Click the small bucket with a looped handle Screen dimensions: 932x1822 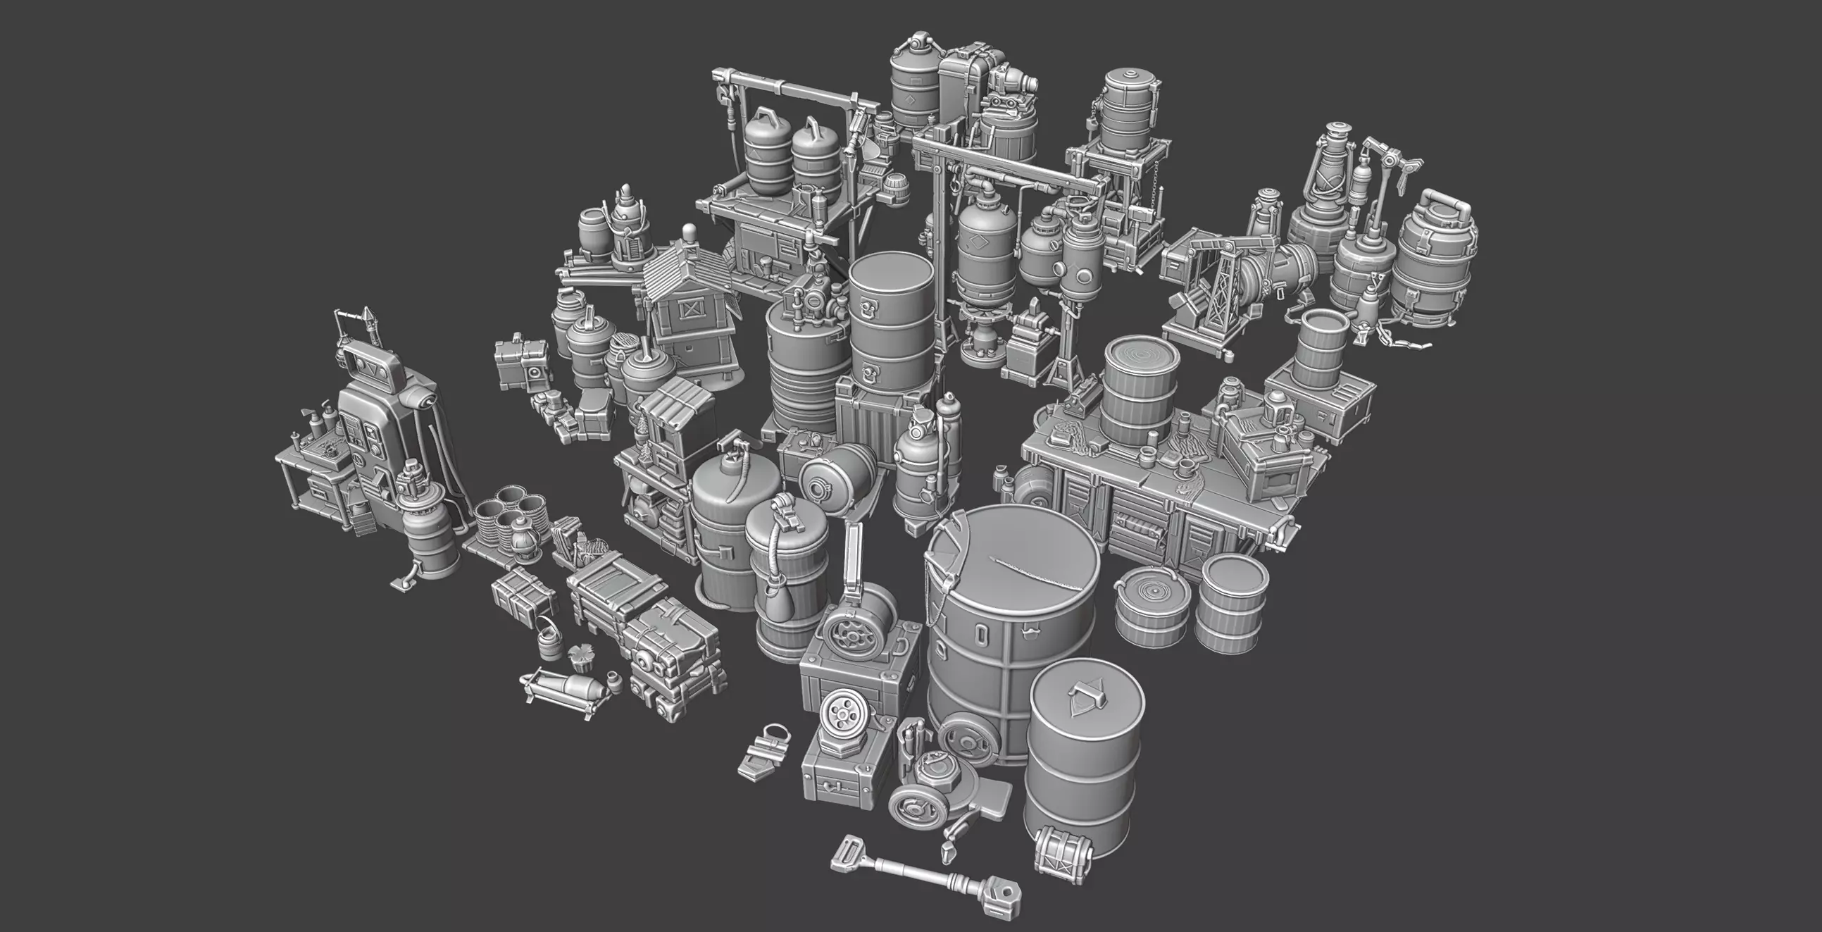[x=547, y=640]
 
